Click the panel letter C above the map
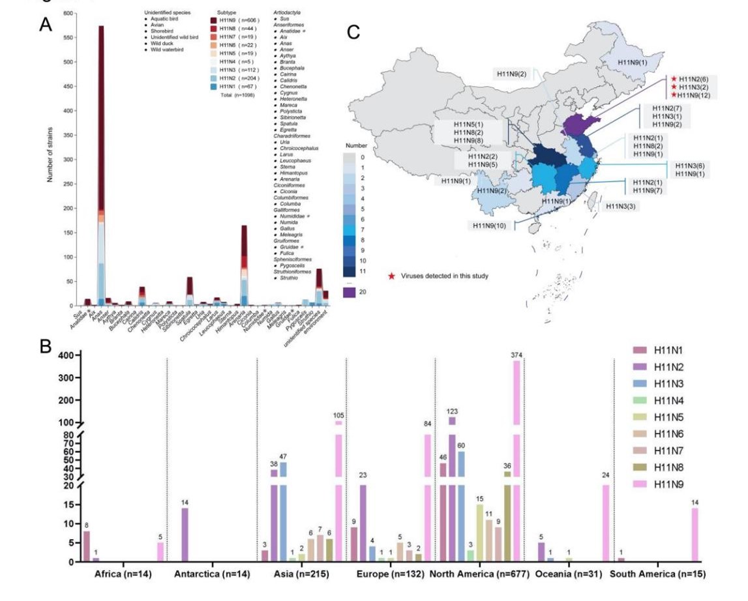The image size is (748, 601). tap(353, 32)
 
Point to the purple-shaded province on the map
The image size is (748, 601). tap(576, 124)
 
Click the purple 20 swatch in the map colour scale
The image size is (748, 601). tap(352, 293)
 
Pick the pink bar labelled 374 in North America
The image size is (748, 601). tap(516, 456)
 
